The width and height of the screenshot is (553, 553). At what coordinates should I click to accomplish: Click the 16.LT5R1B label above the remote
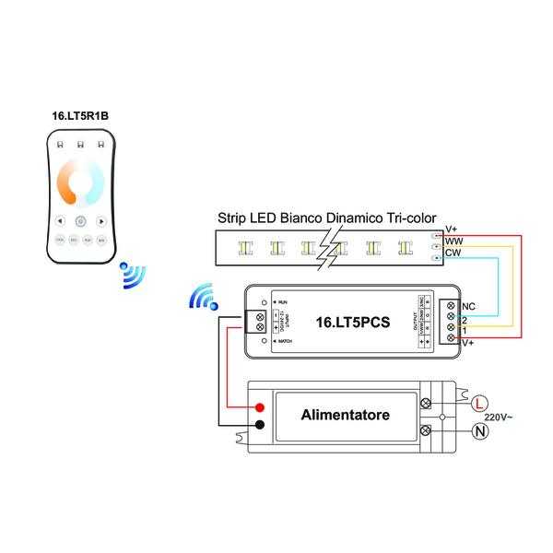(81, 117)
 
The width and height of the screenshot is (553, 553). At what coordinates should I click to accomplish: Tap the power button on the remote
(80, 221)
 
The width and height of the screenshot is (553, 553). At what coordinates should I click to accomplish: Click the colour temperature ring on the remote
(81, 181)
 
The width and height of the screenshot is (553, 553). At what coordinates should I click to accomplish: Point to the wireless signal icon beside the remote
(133, 276)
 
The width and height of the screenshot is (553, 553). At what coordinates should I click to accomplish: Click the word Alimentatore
(345, 415)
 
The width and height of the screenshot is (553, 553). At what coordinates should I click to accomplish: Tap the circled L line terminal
(478, 404)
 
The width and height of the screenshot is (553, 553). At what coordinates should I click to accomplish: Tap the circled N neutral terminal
(478, 430)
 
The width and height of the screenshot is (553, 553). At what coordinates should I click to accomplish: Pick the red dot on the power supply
(261, 406)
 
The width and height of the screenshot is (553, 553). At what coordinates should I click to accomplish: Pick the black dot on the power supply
(261, 424)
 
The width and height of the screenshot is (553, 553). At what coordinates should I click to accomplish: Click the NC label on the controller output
(467, 305)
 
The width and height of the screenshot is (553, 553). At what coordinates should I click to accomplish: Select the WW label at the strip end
(453, 241)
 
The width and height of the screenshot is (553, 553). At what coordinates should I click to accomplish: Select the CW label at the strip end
(453, 252)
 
